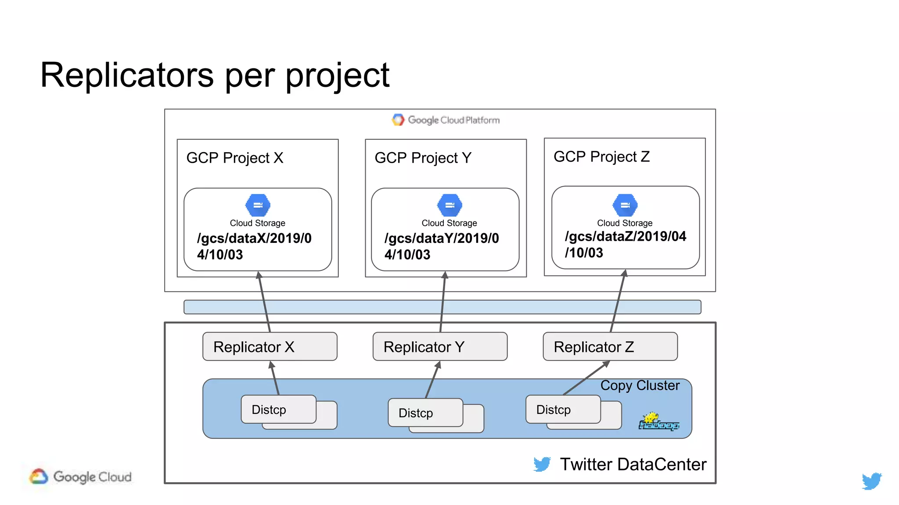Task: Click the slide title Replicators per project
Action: coord(215,75)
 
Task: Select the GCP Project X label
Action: coord(235,158)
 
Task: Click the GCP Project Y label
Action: coord(423,158)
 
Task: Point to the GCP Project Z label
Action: coord(601,156)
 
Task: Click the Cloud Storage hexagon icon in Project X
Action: coord(258,205)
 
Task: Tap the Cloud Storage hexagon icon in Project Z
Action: coord(625,205)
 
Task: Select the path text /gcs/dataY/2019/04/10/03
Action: coord(441,246)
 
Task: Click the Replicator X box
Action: coord(270,347)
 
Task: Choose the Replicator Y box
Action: coord(440,347)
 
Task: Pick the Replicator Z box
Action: coord(610,347)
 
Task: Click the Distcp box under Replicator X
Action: coord(278,409)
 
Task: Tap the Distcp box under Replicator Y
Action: coord(425,413)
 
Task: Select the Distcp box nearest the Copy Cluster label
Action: coord(563,409)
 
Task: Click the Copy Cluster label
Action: coord(640,385)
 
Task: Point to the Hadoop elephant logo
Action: coord(658,422)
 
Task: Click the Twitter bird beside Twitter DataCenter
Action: coord(542,464)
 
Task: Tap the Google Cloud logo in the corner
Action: coord(81,477)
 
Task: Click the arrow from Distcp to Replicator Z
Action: coord(586,378)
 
